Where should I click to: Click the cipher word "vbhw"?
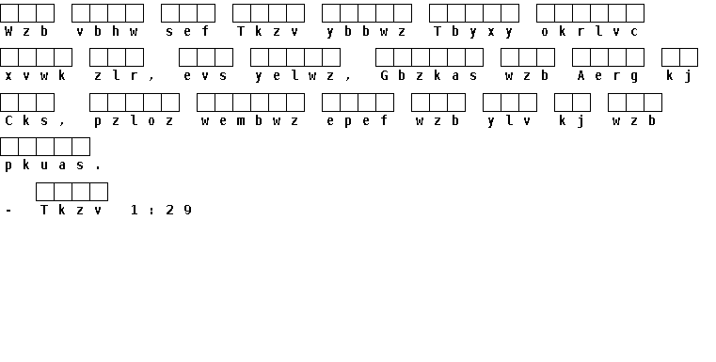coord(107,31)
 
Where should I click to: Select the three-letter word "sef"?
coord(187,31)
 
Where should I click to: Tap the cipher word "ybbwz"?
coord(367,32)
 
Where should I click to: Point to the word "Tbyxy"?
coord(474,32)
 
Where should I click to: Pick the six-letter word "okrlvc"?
coord(590,31)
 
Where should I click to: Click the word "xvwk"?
coord(36,76)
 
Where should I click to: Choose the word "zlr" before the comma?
coord(116,76)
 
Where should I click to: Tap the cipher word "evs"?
coord(205,76)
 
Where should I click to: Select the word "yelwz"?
coord(295,76)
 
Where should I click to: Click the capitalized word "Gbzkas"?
coord(429,76)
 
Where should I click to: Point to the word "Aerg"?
coord(608,76)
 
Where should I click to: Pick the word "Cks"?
coord(26,120)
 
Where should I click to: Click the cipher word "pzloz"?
coord(135,121)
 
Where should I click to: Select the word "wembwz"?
coord(250,121)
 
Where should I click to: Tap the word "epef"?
coord(358,121)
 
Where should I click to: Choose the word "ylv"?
coord(510,121)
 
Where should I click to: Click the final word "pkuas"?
coord(45,165)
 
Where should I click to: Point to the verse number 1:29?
coord(161,210)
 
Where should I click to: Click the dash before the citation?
coord(8,211)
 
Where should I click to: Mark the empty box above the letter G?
coord(385,57)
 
